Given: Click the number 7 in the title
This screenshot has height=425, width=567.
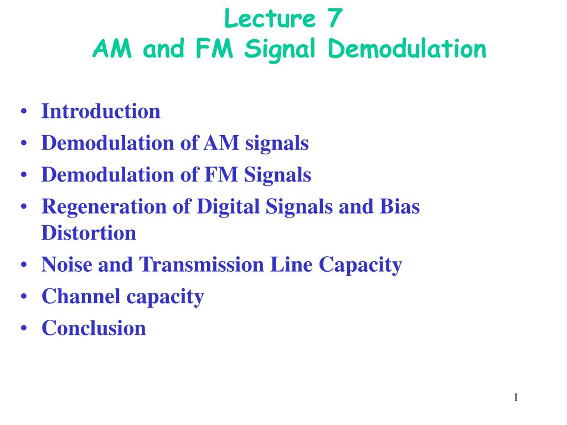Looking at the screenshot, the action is click(x=335, y=18).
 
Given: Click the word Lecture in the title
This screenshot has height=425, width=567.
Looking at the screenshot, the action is click(x=270, y=18).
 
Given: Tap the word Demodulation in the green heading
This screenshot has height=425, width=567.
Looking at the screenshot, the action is click(x=407, y=49).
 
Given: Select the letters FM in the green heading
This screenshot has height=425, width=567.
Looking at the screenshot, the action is click(x=214, y=49).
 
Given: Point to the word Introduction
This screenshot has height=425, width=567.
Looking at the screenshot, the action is click(x=101, y=111).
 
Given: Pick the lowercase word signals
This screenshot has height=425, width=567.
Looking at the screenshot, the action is click(x=277, y=144).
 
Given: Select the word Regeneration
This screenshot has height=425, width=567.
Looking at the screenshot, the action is click(x=104, y=208).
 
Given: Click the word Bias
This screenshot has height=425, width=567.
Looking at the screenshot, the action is click(x=400, y=206).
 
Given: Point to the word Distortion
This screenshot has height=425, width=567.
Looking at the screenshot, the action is click(x=89, y=233).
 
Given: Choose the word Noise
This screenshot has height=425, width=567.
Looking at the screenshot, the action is click(x=67, y=265).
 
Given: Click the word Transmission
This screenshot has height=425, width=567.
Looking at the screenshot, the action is click(x=202, y=265).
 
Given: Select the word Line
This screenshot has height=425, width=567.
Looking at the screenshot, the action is click(x=291, y=265).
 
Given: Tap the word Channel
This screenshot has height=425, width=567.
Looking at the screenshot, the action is click(x=81, y=297).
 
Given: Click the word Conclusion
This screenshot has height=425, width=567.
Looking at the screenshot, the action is click(x=94, y=328).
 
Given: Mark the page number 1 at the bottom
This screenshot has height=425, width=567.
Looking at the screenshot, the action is click(x=516, y=397).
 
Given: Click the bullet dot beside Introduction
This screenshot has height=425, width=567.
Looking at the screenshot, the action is click(x=24, y=111).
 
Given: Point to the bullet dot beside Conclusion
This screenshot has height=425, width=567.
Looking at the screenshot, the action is click(x=24, y=329).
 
